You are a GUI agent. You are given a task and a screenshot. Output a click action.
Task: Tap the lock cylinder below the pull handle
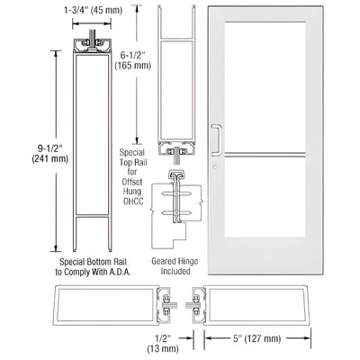pyautogui.click(x=217, y=166)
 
